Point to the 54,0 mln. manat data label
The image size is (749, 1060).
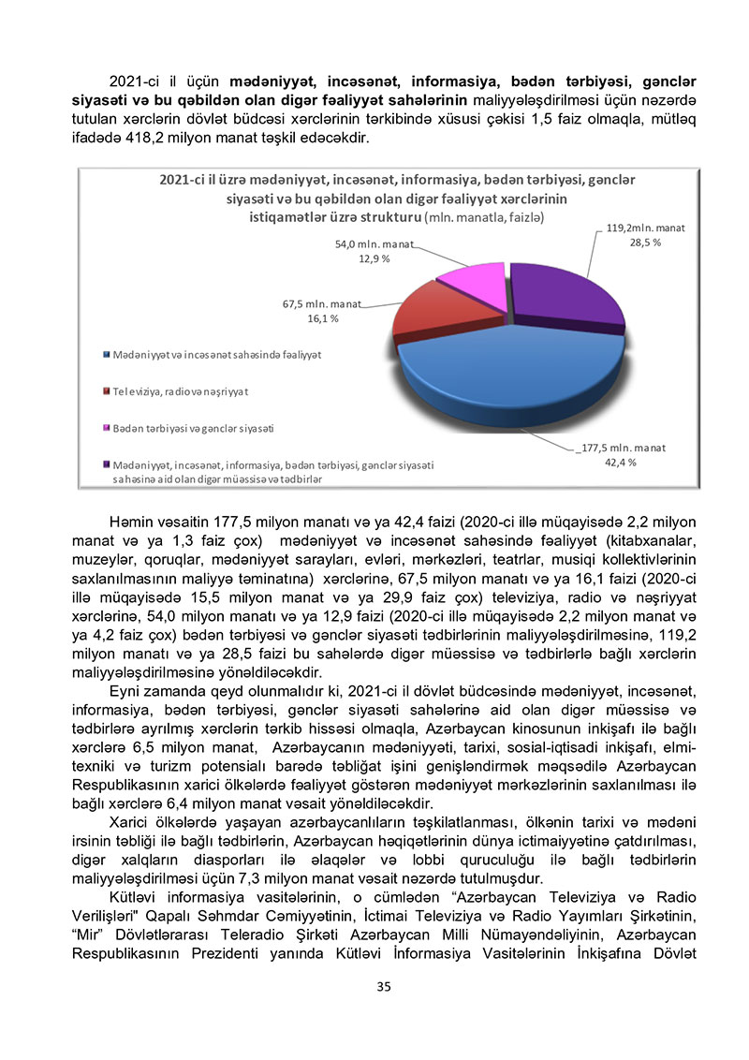point(374,244)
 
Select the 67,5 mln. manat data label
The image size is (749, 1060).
point(322,304)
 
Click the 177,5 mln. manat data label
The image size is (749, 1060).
point(621,448)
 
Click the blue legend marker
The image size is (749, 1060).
point(106,357)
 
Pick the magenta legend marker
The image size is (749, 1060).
point(106,428)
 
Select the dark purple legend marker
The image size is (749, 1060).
point(106,464)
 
